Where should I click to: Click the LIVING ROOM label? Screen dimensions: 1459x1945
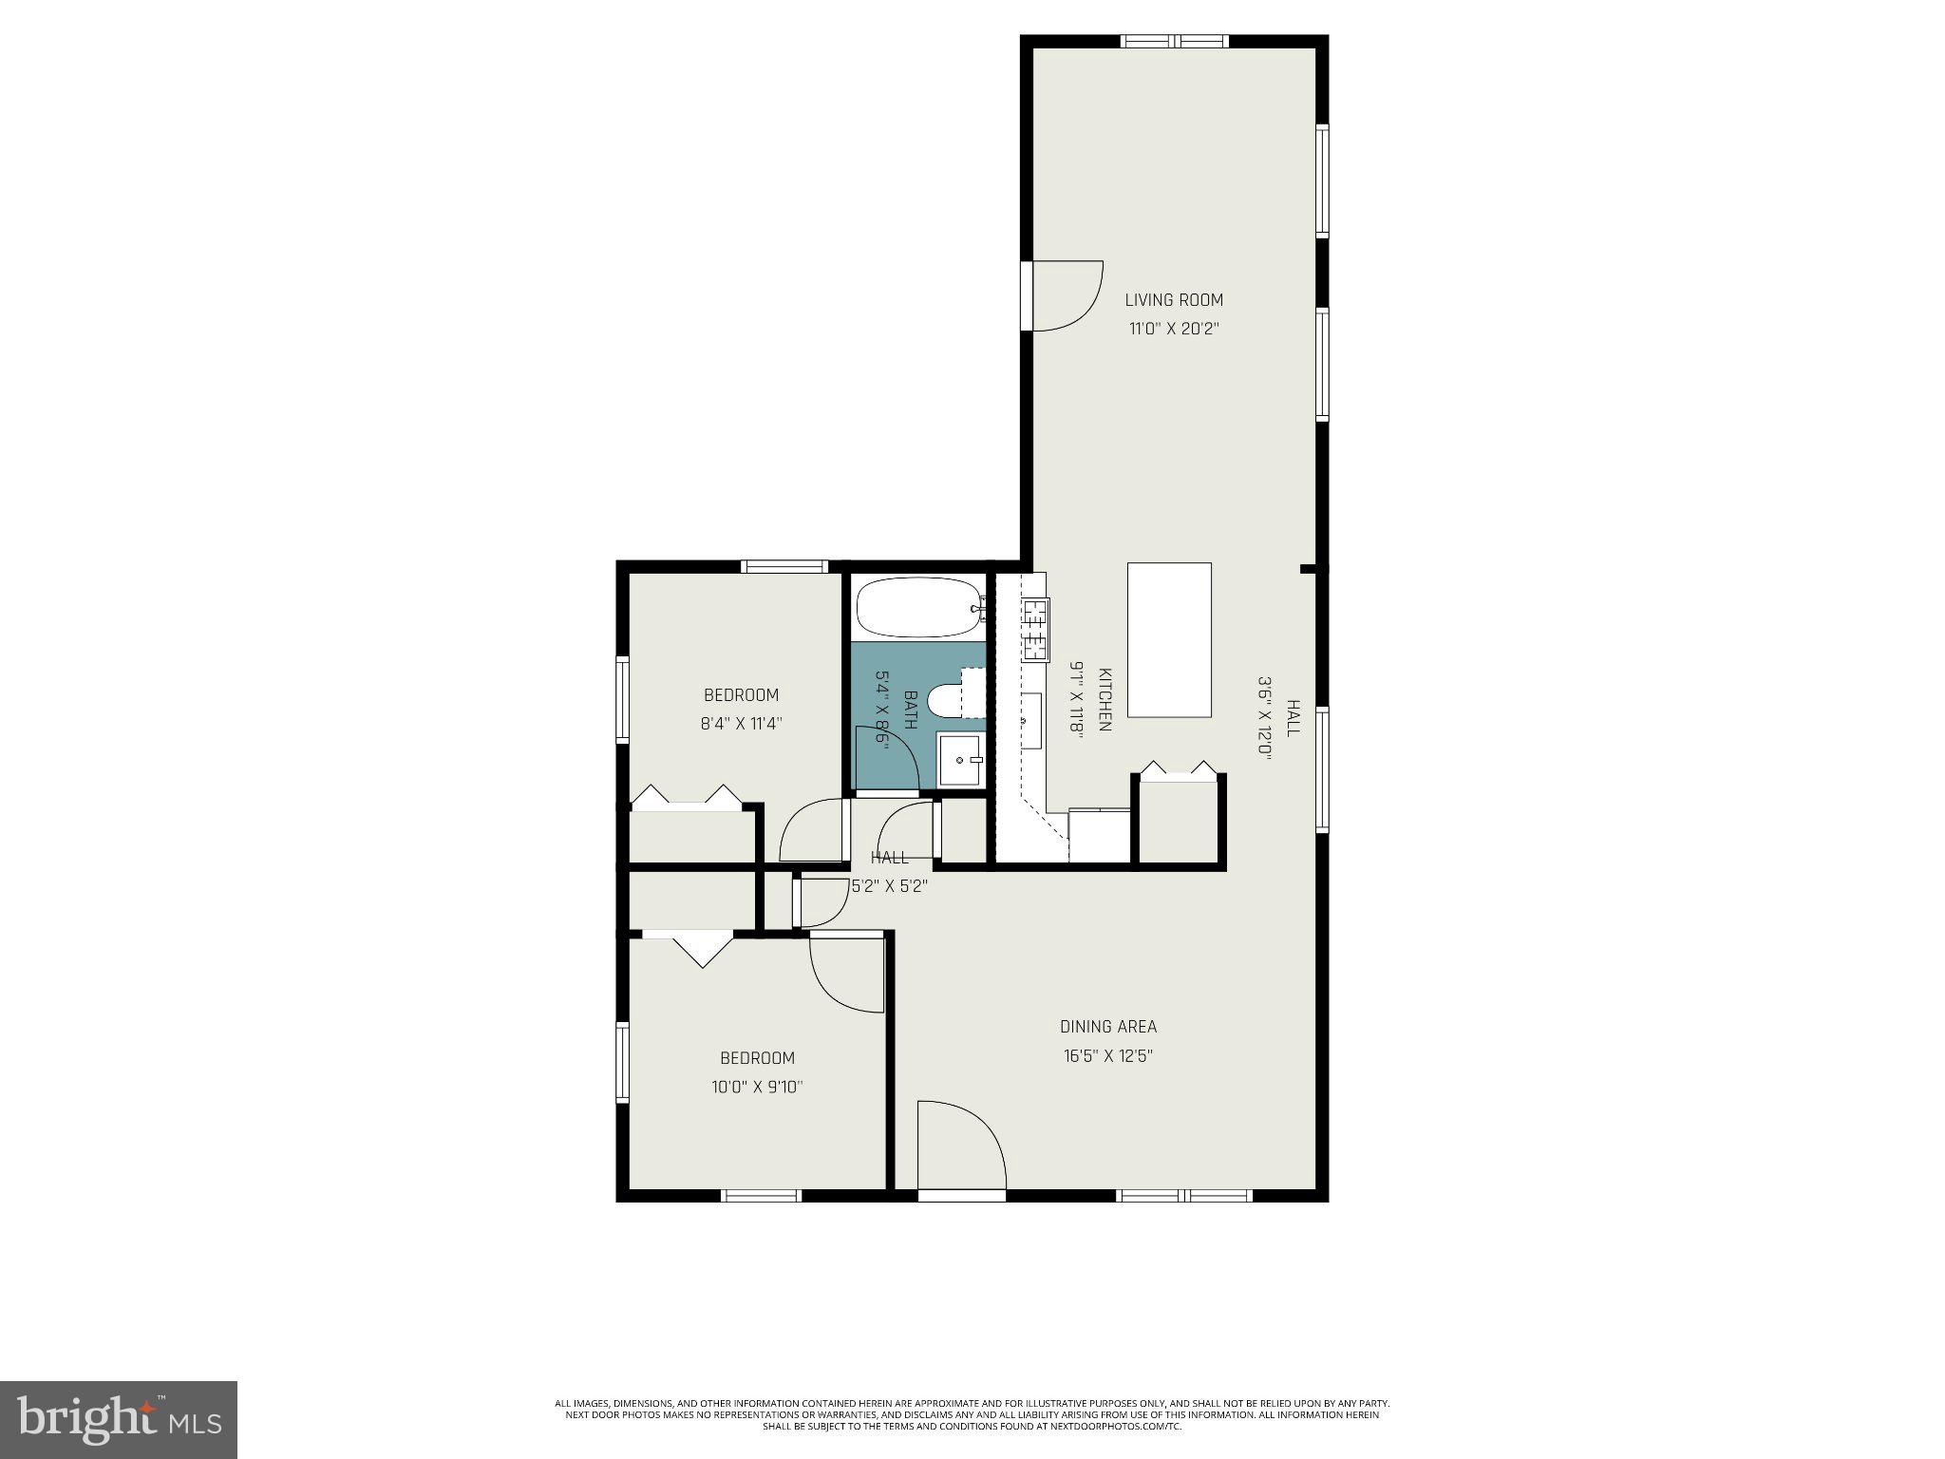pyautogui.click(x=1174, y=300)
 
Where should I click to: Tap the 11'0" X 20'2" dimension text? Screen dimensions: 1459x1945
pyautogui.click(x=1174, y=330)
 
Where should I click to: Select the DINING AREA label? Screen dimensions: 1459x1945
pyautogui.click(x=1108, y=1026)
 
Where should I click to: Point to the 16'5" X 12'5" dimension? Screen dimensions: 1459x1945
pyautogui.click(x=1108, y=1055)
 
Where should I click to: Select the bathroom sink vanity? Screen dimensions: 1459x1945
pyautogui.click(x=961, y=759)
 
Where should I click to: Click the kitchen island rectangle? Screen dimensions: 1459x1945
pyautogui.click(x=1169, y=639)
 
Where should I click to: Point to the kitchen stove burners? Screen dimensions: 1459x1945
pyautogui.click(x=1035, y=630)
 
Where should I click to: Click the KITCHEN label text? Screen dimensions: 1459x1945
pyautogui.click(x=1105, y=700)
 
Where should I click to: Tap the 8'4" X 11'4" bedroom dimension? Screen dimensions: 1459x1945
pyautogui.click(x=741, y=724)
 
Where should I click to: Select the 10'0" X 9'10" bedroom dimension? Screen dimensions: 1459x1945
pyautogui.click(x=757, y=1087)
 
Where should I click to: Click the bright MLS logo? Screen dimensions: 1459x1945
pyautogui.click(x=118, y=1419)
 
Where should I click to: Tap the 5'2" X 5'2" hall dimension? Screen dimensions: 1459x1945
pyautogui.click(x=889, y=886)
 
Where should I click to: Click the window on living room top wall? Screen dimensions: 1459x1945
pyautogui.click(x=1174, y=41)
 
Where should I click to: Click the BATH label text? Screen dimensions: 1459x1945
pyautogui.click(x=910, y=710)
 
